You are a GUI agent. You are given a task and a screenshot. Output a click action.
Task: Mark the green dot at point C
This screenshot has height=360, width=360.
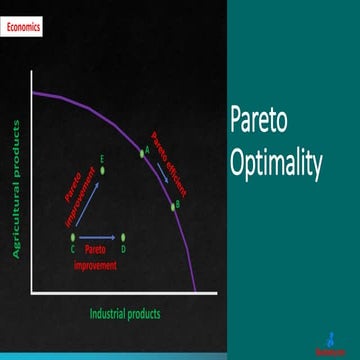coord(72,237)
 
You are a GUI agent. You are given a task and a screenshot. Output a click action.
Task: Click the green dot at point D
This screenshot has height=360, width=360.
coord(122,237)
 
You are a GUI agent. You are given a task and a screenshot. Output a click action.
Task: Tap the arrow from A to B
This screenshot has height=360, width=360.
coord(157,178)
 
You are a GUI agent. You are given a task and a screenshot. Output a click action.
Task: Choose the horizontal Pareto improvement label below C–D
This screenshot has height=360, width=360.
coord(96,258)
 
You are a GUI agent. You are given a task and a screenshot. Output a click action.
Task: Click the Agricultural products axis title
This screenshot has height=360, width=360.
coord(17,190)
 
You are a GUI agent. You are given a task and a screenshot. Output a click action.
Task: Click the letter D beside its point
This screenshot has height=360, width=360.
coord(122,248)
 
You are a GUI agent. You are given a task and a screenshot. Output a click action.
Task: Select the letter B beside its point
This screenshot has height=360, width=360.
coord(178,208)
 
